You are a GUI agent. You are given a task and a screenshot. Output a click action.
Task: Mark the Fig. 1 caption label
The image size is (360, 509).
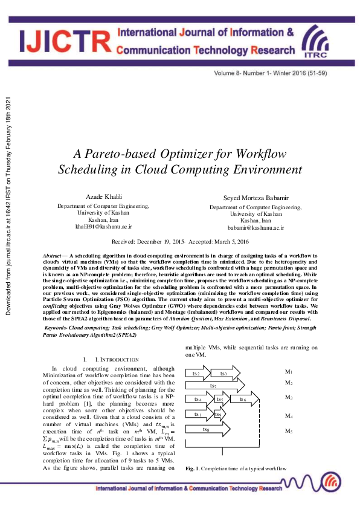coord(191,452)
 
